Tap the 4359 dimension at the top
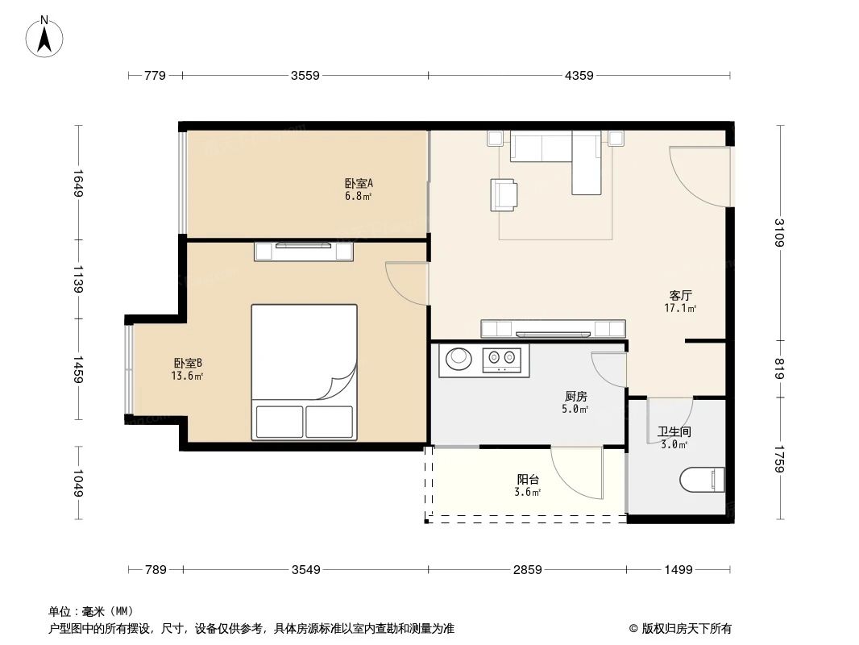click(579, 76)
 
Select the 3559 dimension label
click(305, 76)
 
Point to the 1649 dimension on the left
click(78, 183)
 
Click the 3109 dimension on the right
click(779, 233)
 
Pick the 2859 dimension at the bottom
click(527, 570)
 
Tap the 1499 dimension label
click(678, 570)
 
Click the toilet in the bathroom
click(703, 481)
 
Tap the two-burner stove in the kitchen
click(504, 359)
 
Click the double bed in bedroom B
click(304, 372)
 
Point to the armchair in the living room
click(504, 194)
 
